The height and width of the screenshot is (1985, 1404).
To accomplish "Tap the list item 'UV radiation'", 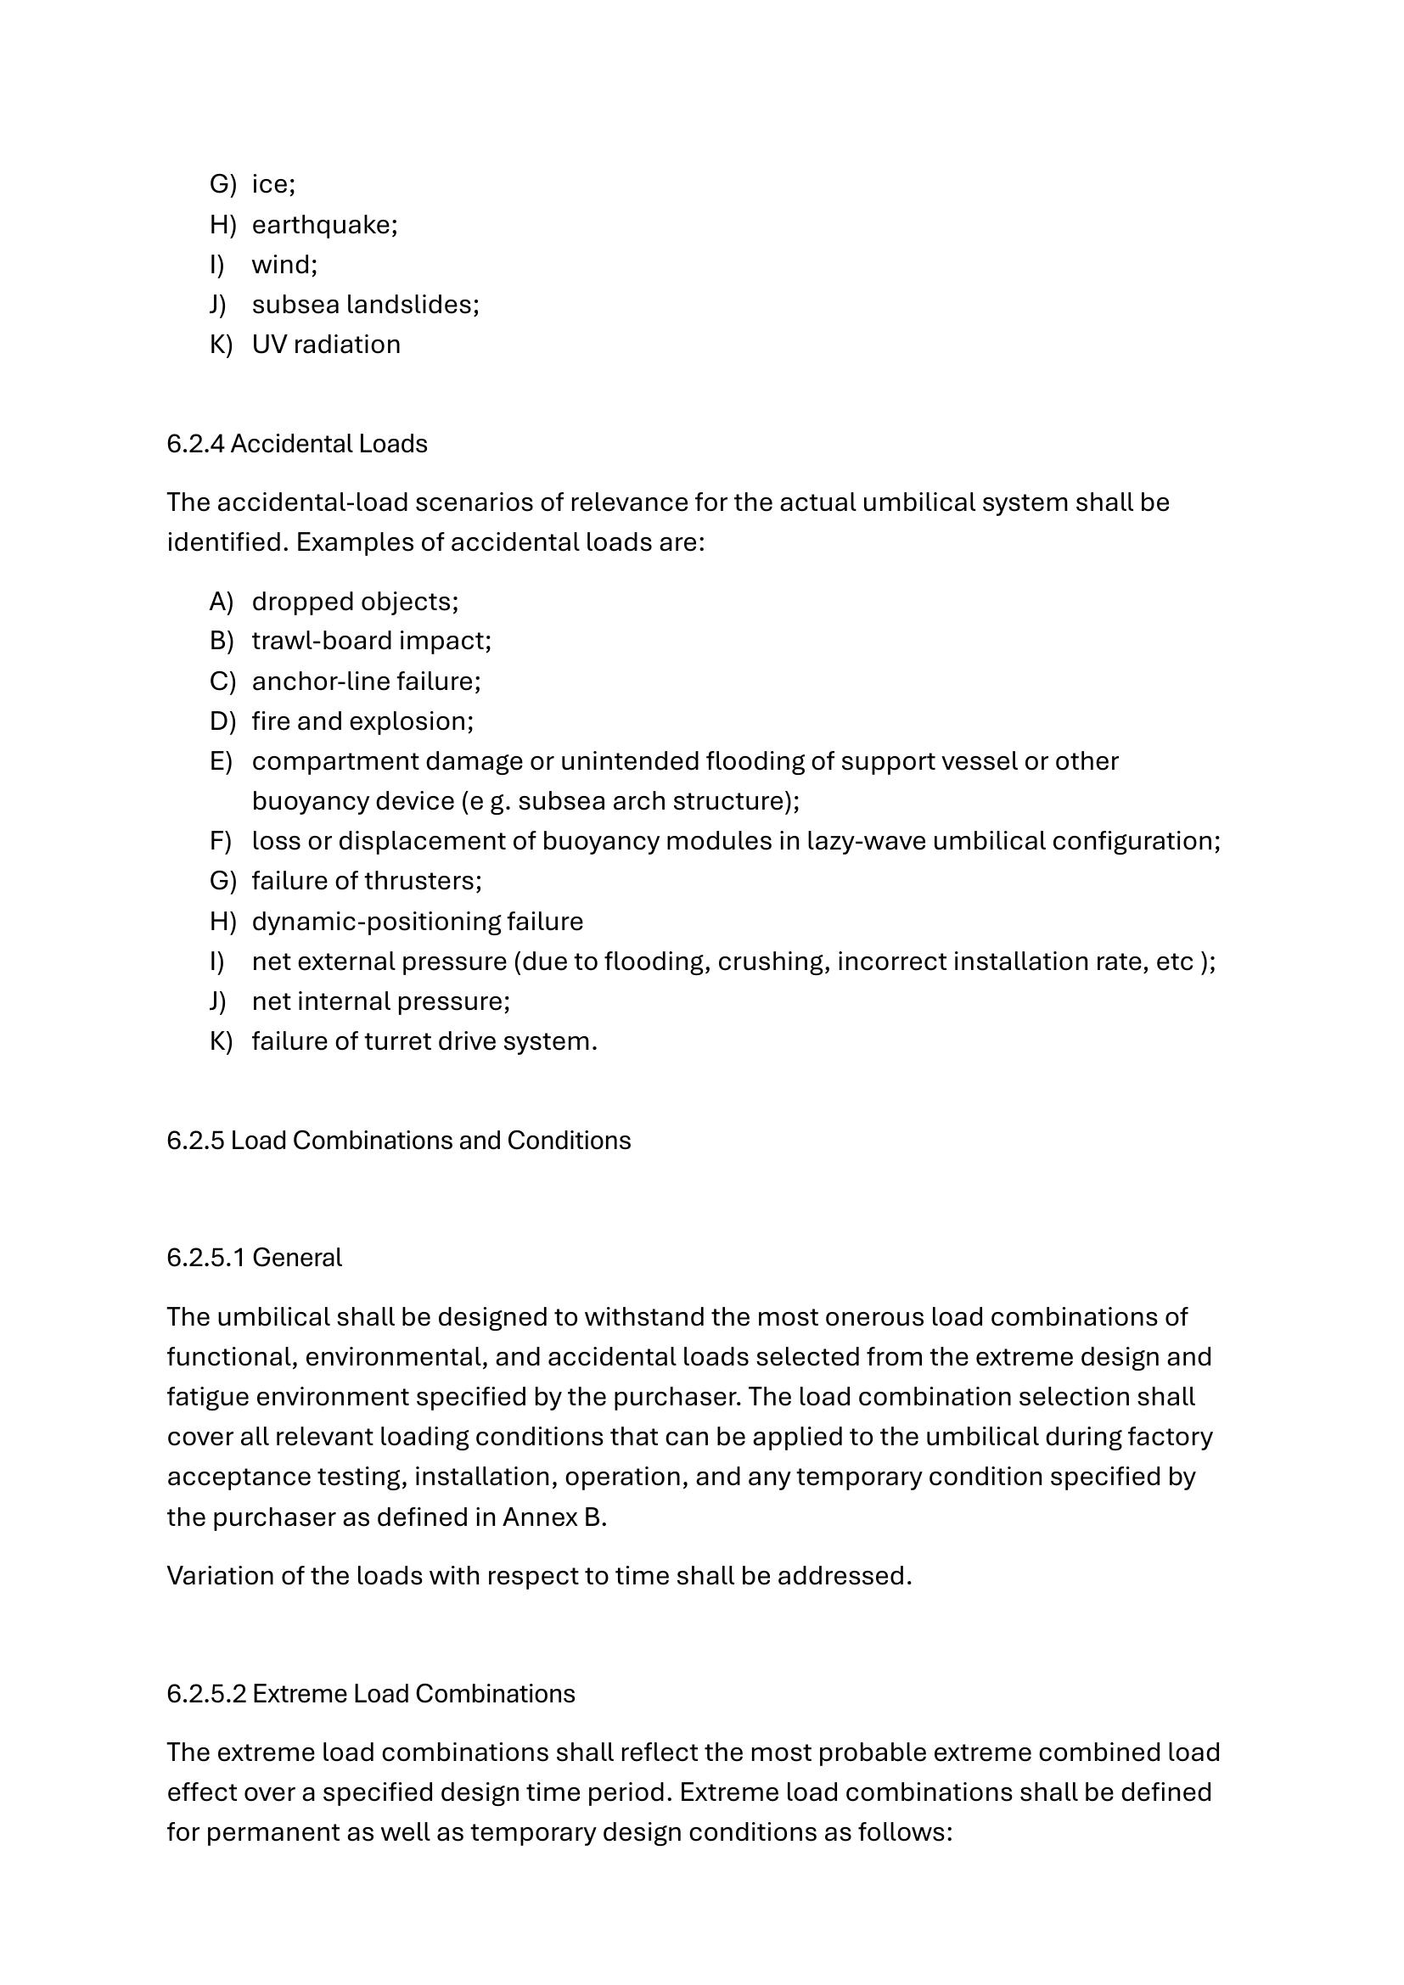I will (x=326, y=344).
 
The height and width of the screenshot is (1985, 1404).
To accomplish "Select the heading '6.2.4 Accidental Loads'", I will (x=296, y=444).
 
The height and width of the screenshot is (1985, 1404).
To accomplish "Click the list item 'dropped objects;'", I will (x=355, y=601).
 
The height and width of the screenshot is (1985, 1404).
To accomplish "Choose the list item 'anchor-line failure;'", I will (x=366, y=681).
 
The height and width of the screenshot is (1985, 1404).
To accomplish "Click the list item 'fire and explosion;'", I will (x=362, y=721).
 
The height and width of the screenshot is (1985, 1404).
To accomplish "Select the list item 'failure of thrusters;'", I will (x=367, y=880).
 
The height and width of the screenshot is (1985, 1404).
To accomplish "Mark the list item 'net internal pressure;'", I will (x=380, y=1001).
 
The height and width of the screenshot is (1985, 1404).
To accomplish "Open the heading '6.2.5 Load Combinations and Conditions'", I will (x=399, y=1141).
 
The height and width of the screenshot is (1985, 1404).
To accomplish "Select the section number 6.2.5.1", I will (x=205, y=1257).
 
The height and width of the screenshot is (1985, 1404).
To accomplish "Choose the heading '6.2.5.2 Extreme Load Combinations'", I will (x=371, y=1693).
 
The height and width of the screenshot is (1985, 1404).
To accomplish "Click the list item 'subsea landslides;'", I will (x=365, y=305).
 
